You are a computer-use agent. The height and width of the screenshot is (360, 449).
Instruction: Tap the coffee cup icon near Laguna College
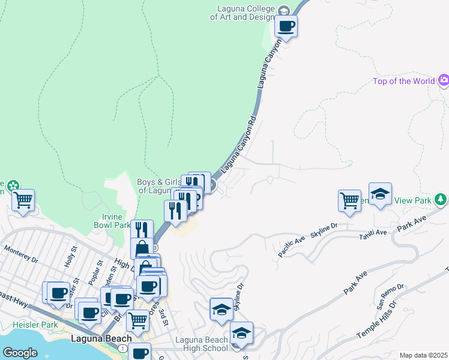pos(286,26)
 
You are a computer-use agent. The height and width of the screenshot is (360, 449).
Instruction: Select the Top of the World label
pos(403,81)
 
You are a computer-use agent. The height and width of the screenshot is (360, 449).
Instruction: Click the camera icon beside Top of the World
pos(444,80)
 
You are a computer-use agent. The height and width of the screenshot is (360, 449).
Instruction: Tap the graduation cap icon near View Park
pos(380,194)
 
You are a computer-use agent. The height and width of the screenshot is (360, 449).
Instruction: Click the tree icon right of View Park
pos(441,199)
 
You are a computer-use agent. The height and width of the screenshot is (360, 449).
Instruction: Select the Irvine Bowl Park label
pos(112,221)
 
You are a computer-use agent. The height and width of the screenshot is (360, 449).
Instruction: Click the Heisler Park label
pos(34,325)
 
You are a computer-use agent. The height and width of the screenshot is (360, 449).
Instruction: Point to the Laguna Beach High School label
pos(202,344)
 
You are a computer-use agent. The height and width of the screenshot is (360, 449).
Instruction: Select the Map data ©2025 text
pos(423,355)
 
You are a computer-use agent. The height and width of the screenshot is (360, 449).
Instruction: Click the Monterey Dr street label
pos(21,253)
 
